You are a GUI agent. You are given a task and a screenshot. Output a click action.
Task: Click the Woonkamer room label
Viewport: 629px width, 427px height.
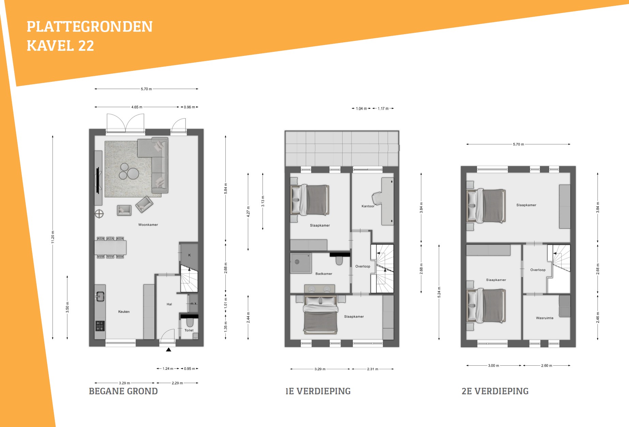[148, 225]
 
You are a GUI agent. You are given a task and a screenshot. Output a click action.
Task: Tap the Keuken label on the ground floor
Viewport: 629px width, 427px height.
[124, 311]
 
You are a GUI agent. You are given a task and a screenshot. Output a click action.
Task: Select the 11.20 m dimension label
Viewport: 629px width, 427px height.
[53, 237]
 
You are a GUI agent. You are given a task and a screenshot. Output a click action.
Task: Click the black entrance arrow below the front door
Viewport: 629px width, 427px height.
[168, 349]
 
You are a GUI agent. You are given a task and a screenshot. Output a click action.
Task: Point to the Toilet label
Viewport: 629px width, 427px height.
[189, 330]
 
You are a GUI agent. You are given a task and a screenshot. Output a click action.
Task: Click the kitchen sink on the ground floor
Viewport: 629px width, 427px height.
[100, 296]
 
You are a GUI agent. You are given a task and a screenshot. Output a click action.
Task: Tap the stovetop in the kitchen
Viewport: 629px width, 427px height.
[100, 326]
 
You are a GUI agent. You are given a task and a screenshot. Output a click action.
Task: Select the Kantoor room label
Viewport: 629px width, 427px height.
[368, 206]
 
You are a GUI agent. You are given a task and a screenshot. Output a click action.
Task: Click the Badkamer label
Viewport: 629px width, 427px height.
[324, 274]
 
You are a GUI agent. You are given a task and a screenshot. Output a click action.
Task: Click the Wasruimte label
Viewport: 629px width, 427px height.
[544, 318]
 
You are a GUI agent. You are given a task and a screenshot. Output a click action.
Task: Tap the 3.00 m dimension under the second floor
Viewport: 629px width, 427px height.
[493, 366]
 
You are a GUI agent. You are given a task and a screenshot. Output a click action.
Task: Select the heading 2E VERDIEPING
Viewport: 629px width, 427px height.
[495, 391]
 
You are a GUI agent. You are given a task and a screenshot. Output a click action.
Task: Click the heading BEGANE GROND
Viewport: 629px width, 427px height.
[123, 391]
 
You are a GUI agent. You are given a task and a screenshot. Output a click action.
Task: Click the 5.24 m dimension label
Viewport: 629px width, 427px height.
[439, 292]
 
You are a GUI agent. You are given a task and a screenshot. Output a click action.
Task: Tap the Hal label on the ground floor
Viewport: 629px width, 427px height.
[169, 304]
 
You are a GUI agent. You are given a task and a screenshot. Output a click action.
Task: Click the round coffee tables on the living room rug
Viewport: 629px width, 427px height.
[129, 171]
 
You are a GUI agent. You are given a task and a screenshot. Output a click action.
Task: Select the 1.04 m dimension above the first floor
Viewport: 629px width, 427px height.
[361, 109]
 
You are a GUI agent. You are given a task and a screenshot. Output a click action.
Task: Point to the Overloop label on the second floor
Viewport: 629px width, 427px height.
[538, 270]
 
